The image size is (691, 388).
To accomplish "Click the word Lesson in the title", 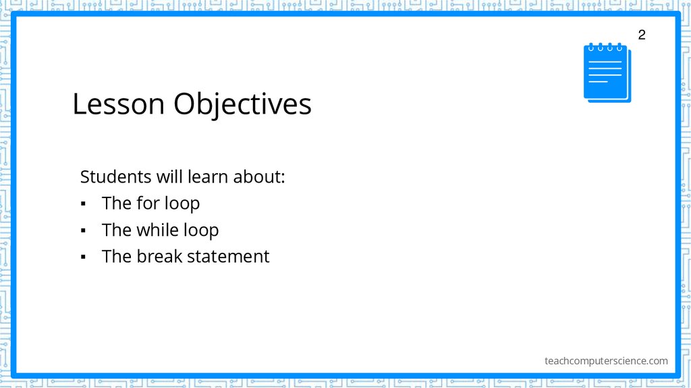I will tap(118, 105).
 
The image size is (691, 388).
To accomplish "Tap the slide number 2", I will tap(641, 35).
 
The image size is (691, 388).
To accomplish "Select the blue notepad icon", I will tap(607, 73).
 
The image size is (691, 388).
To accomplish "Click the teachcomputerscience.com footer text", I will tap(606, 361).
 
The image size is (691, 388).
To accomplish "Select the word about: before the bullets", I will tap(259, 177).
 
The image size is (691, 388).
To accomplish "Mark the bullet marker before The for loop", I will tap(83, 204).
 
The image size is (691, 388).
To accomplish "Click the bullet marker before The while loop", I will tap(83, 231).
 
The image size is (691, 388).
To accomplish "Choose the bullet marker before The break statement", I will tap(83, 258).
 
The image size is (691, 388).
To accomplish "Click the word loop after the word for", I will tap(182, 203).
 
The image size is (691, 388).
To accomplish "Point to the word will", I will tap(169, 177).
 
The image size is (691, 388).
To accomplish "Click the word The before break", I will tap(117, 257).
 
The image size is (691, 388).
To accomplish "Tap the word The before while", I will tap(117, 231).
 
